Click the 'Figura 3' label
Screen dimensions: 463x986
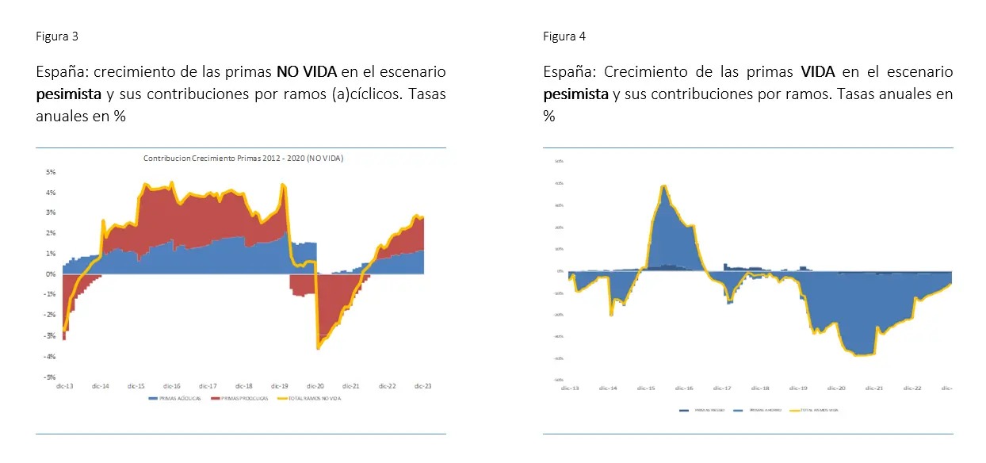tap(57, 36)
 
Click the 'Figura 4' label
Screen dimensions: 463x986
tap(564, 36)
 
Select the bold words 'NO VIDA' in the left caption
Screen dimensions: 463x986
tap(306, 72)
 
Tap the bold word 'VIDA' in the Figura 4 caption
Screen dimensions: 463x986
tap(818, 72)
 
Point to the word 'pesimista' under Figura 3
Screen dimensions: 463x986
tap(69, 94)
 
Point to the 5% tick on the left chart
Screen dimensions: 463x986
tap(50, 172)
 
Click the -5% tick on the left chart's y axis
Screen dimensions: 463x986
tap(49, 377)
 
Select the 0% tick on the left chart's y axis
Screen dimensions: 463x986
tap(50, 274)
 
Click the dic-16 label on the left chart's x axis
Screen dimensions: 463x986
tap(171, 386)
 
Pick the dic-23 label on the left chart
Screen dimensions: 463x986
tap(423, 386)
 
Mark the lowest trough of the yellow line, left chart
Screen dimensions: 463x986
tap(318, 348)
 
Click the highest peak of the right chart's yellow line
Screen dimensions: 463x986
tap(663, 186)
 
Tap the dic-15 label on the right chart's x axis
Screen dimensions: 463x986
tap(646, 388)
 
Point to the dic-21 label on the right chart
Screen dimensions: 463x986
tap(874, 388)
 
